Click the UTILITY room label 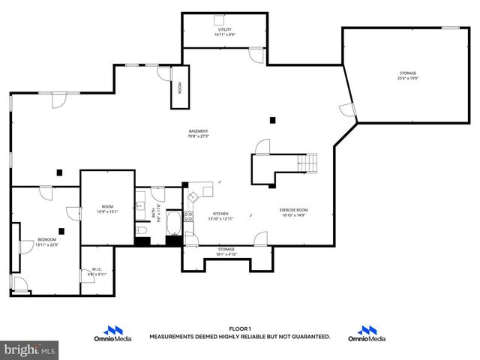coord(224,29)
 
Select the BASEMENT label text coord(198,131)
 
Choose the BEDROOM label coord(46,240)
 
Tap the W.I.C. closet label coord(97,269)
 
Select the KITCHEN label coord(220,213)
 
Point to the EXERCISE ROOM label coord(295,210)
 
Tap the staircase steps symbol coord(307,163)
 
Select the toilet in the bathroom coord(141,229)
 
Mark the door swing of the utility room coord(256,55)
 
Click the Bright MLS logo coord(30,349)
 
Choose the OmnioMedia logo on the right coord(367,334)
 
